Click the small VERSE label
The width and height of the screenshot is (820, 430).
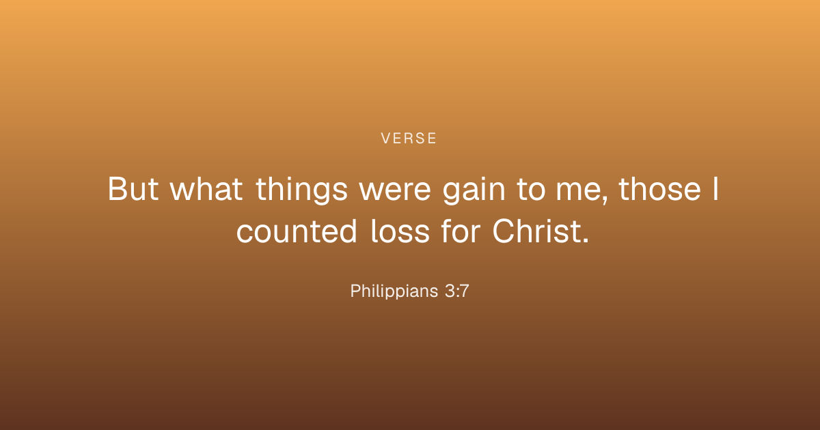click(x=409, y=138)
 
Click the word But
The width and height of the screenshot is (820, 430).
click(x=133, y=188)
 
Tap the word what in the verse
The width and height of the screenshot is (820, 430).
click(x=206, y=188)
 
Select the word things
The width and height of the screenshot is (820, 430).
click(x=301, y=190)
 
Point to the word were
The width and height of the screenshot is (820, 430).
click(x=395, y=191)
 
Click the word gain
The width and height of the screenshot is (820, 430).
click(x=474, y=190)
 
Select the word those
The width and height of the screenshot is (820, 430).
click(x=659, y=188)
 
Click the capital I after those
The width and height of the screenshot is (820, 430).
click(x=715, y=188)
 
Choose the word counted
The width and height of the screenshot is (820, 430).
click(x=297, y=231)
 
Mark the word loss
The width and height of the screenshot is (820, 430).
click(x=400, y=231)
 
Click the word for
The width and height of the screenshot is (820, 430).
click(x=461, y=231)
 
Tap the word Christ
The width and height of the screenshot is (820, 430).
click(x=536, y=231)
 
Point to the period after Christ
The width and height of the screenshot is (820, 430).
click(x=586, y=240)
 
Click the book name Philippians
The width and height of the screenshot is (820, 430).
click(x=394, y=291)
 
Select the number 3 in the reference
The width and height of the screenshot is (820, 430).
click(x=450, y=291)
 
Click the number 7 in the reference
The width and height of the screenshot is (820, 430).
click(x=464, y=291)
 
